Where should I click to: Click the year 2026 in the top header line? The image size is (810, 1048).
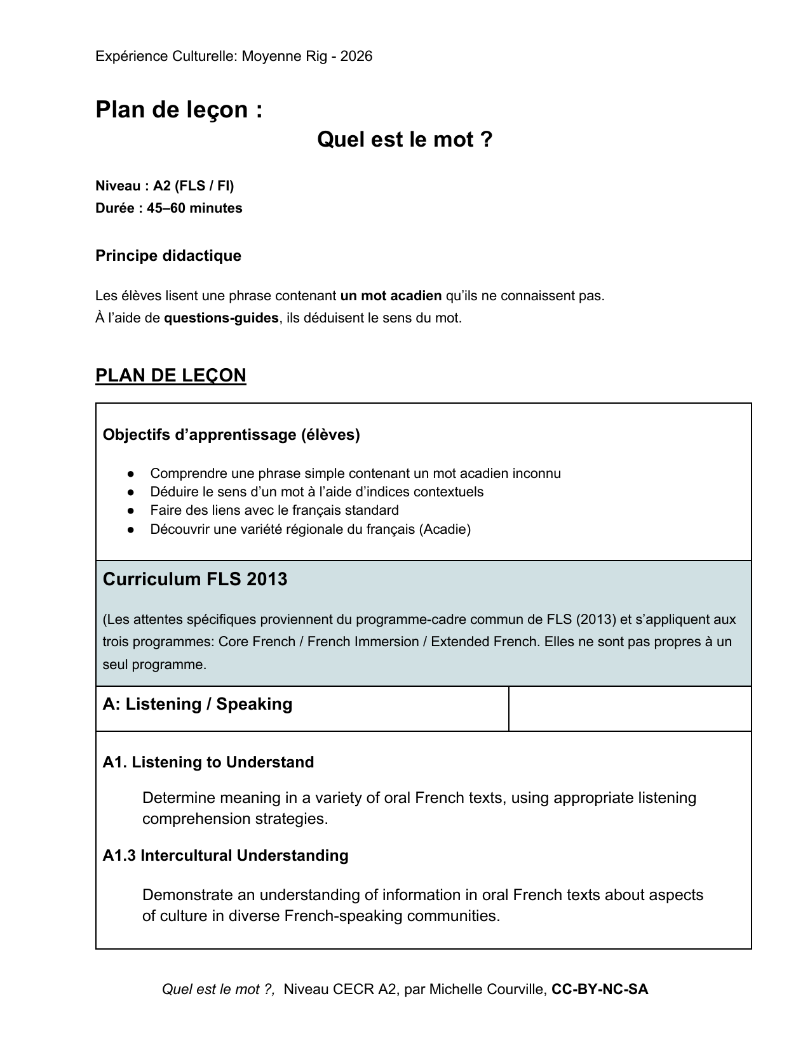point(356,56)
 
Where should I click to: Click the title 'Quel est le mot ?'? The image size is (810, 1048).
point(405,139)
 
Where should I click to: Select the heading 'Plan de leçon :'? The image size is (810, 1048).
point(179,110)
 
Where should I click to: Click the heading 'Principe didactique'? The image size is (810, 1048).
point(168,256)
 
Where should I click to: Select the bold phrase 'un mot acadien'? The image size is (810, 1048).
point(391,296)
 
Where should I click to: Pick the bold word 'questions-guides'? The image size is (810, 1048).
point(221,318)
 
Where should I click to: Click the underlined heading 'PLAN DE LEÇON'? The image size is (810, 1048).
point(170,375)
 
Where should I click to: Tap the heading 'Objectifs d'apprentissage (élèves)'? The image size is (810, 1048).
point(231,435)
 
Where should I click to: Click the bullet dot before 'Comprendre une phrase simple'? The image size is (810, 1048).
point(130,474)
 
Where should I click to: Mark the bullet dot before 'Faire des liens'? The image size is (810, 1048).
point(130,510)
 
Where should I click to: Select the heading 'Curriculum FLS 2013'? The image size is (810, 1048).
point(194,579)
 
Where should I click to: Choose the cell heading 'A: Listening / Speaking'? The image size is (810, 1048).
point(197,704)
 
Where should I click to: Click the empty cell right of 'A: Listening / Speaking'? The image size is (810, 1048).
point(630,708)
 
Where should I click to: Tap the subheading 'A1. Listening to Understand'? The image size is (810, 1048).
point(208,762)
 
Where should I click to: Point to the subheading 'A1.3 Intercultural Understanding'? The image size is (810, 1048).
point(226,856)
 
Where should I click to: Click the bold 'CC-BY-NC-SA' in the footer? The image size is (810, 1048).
point(600,989)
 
